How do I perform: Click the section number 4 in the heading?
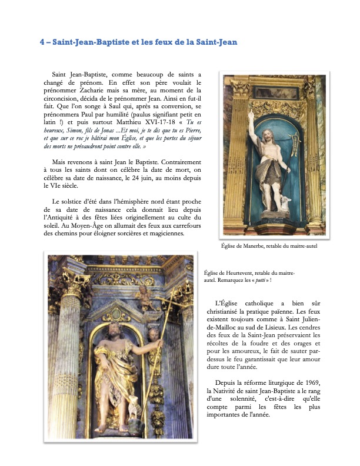pos(42,42)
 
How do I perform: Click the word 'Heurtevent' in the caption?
pos(238,273)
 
